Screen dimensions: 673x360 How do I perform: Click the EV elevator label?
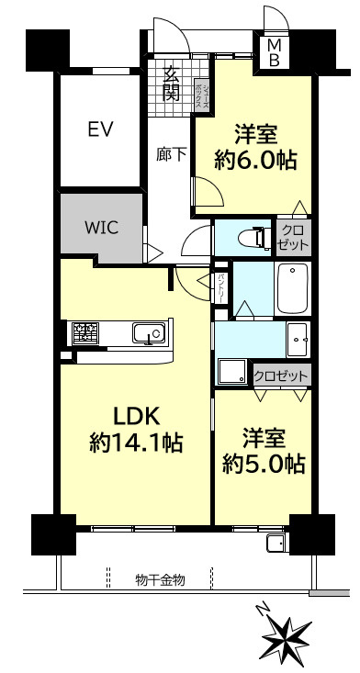101,129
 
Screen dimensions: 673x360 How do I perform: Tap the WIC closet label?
101,228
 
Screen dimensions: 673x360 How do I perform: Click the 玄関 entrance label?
171,82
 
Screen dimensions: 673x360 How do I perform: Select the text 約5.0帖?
264,464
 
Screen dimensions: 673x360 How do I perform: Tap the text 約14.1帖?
135,443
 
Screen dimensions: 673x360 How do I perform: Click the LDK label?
135,413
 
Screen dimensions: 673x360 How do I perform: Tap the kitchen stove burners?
85,331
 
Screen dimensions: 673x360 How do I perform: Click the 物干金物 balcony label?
161,579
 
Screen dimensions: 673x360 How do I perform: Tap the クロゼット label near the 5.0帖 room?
280,375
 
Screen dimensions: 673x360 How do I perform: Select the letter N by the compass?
264,608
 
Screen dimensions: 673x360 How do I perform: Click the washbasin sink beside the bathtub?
297,339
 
